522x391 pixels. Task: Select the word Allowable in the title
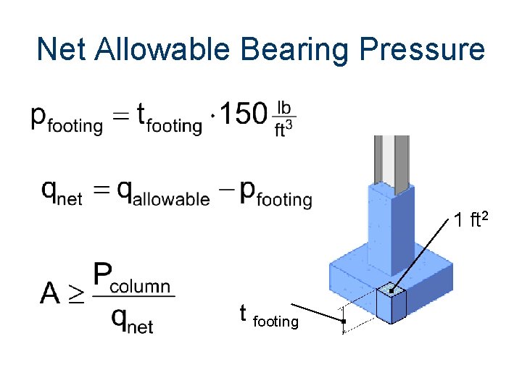point(161,49)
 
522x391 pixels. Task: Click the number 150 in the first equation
point(243,113)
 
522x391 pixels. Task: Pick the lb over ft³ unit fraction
point(285,117)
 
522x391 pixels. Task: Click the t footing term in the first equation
point(170,117)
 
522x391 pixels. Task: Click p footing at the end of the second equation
point(275,193)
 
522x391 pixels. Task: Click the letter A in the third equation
point(51,293)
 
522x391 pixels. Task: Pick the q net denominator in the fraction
point(132,318)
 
